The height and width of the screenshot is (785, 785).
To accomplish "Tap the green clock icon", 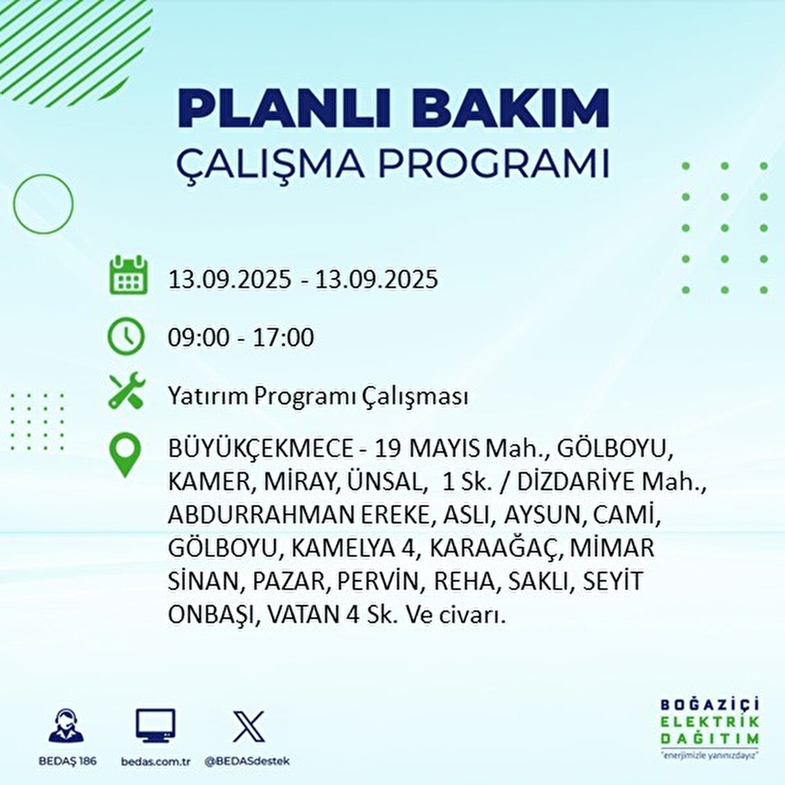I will [x=126, y=336].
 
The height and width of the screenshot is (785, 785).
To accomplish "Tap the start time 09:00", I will [x=199, y=338].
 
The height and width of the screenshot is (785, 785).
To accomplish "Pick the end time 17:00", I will [x=284, y=338].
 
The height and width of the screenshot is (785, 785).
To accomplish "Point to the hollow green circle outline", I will [x=43, y=203].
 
